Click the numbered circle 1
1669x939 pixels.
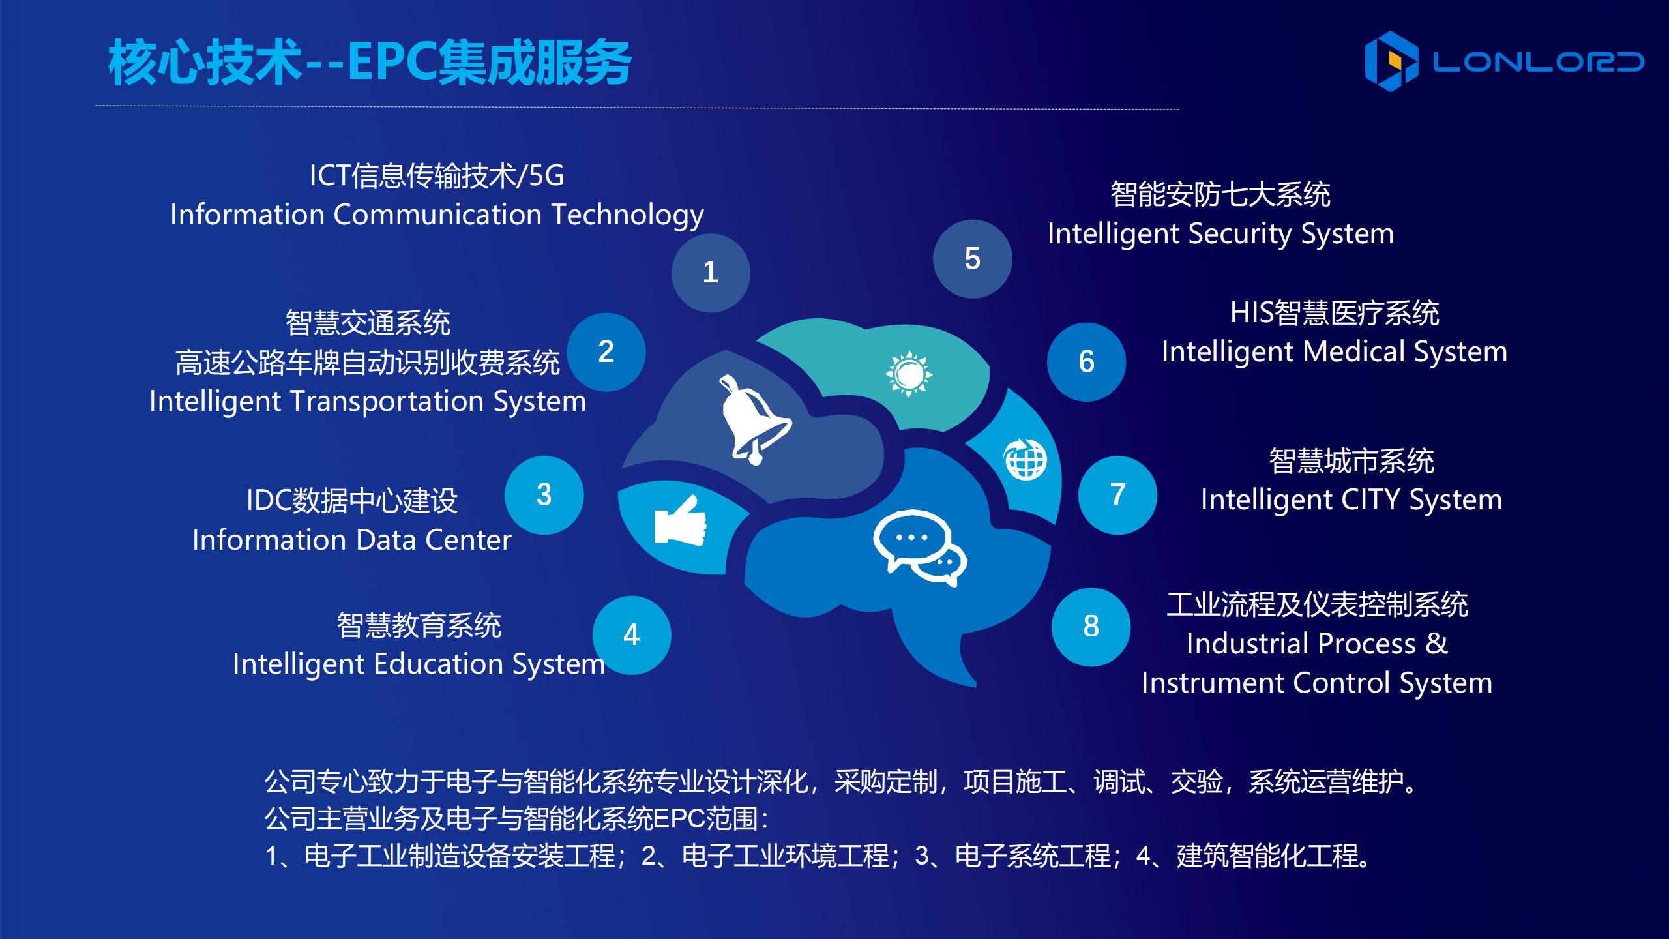711,273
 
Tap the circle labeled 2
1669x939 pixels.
606,352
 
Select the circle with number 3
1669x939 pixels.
544,496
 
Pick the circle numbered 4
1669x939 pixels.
632,635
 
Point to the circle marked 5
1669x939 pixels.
973,259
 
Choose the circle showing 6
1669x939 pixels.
1087,362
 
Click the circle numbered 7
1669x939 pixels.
1118,496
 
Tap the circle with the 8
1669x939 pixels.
1091,627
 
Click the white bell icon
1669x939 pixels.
755,420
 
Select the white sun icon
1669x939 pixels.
909,374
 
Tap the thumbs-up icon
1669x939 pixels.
681,520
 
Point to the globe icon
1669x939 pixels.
1025,459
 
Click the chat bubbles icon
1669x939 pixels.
920,548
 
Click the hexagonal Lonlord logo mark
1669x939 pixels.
1391,61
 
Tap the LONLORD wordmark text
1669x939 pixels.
1538,62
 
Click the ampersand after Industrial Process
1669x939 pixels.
1437,644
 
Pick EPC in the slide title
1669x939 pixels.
392,63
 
